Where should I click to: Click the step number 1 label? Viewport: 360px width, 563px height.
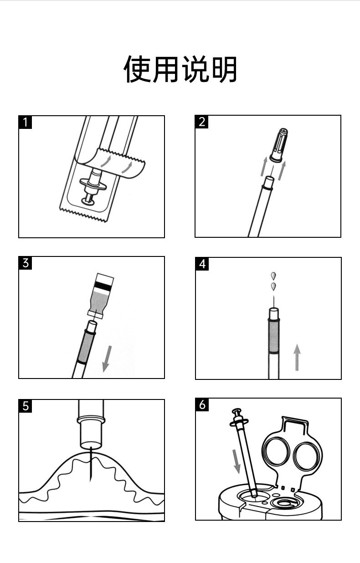coord(26,122)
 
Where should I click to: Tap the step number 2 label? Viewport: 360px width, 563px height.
coord(202,122)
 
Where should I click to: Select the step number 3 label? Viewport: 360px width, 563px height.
coord(26,263)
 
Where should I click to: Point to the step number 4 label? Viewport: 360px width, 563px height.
coord(202,264)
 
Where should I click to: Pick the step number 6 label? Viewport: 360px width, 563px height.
coord(202,404)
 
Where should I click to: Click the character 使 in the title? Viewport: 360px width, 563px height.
coord(138,69)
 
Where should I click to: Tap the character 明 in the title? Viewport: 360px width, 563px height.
coord(223,69)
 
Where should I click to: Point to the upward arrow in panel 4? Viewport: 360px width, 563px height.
coord(297,358)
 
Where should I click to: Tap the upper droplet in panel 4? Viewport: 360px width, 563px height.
coord(273,276)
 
